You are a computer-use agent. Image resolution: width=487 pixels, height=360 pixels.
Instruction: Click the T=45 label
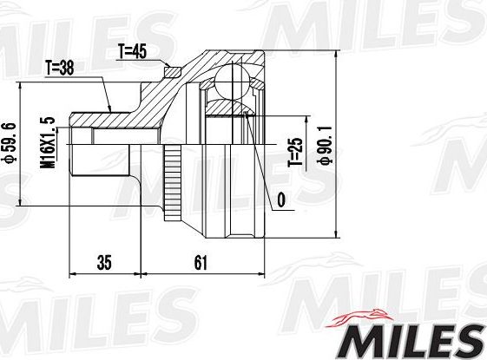pyautogui.click(x=131, y=51)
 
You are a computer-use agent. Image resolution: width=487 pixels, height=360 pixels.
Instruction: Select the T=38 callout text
pyautogui.click(x=60, y=66)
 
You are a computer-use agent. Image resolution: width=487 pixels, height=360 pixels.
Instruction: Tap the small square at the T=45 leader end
pyautogui.click(x=171, y=70)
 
